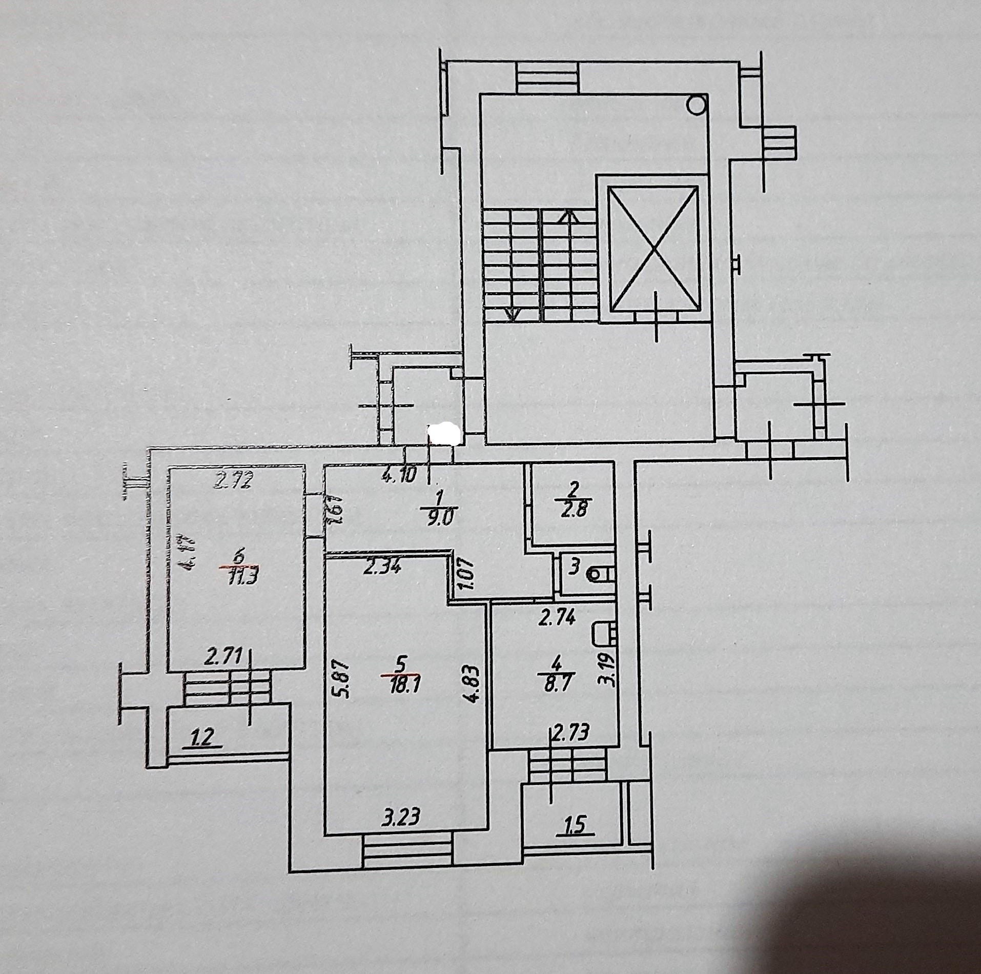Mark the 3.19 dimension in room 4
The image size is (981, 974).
click(611, 667)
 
